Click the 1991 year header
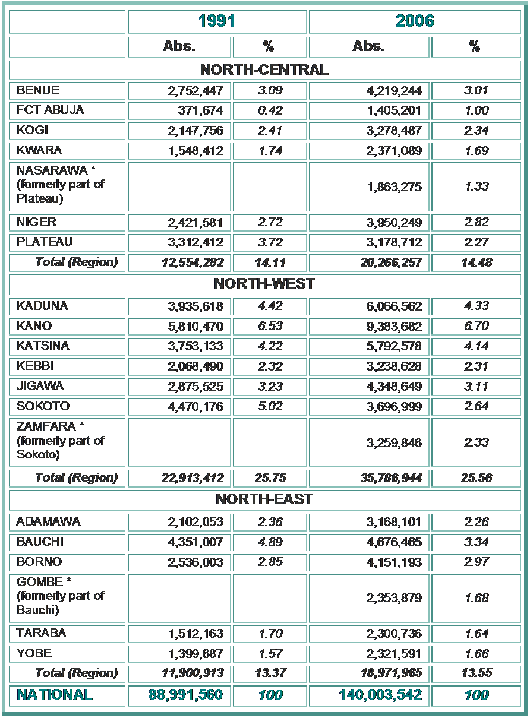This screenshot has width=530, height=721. [217, 21]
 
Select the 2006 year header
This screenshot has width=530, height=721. [415, 21]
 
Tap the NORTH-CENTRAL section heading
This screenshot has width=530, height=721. [264, 69]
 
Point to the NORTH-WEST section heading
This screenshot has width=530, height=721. [264, 284]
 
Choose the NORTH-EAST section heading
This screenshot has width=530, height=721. [264, 499]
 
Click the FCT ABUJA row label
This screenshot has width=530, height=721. [51, 110]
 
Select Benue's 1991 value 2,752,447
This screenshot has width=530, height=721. [195, 91]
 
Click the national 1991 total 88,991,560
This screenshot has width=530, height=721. [185, 695]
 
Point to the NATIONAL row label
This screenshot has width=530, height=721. [55, 694]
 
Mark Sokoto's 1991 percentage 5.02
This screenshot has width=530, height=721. [270, 406]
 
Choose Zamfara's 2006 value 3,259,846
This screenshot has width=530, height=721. [393, 442]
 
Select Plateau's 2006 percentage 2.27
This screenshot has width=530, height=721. [477, 242]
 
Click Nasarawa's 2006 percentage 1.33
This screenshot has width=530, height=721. [477, 186]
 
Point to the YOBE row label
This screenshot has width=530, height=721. [34, 653]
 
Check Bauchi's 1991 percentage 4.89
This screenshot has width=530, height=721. [270, 542]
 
